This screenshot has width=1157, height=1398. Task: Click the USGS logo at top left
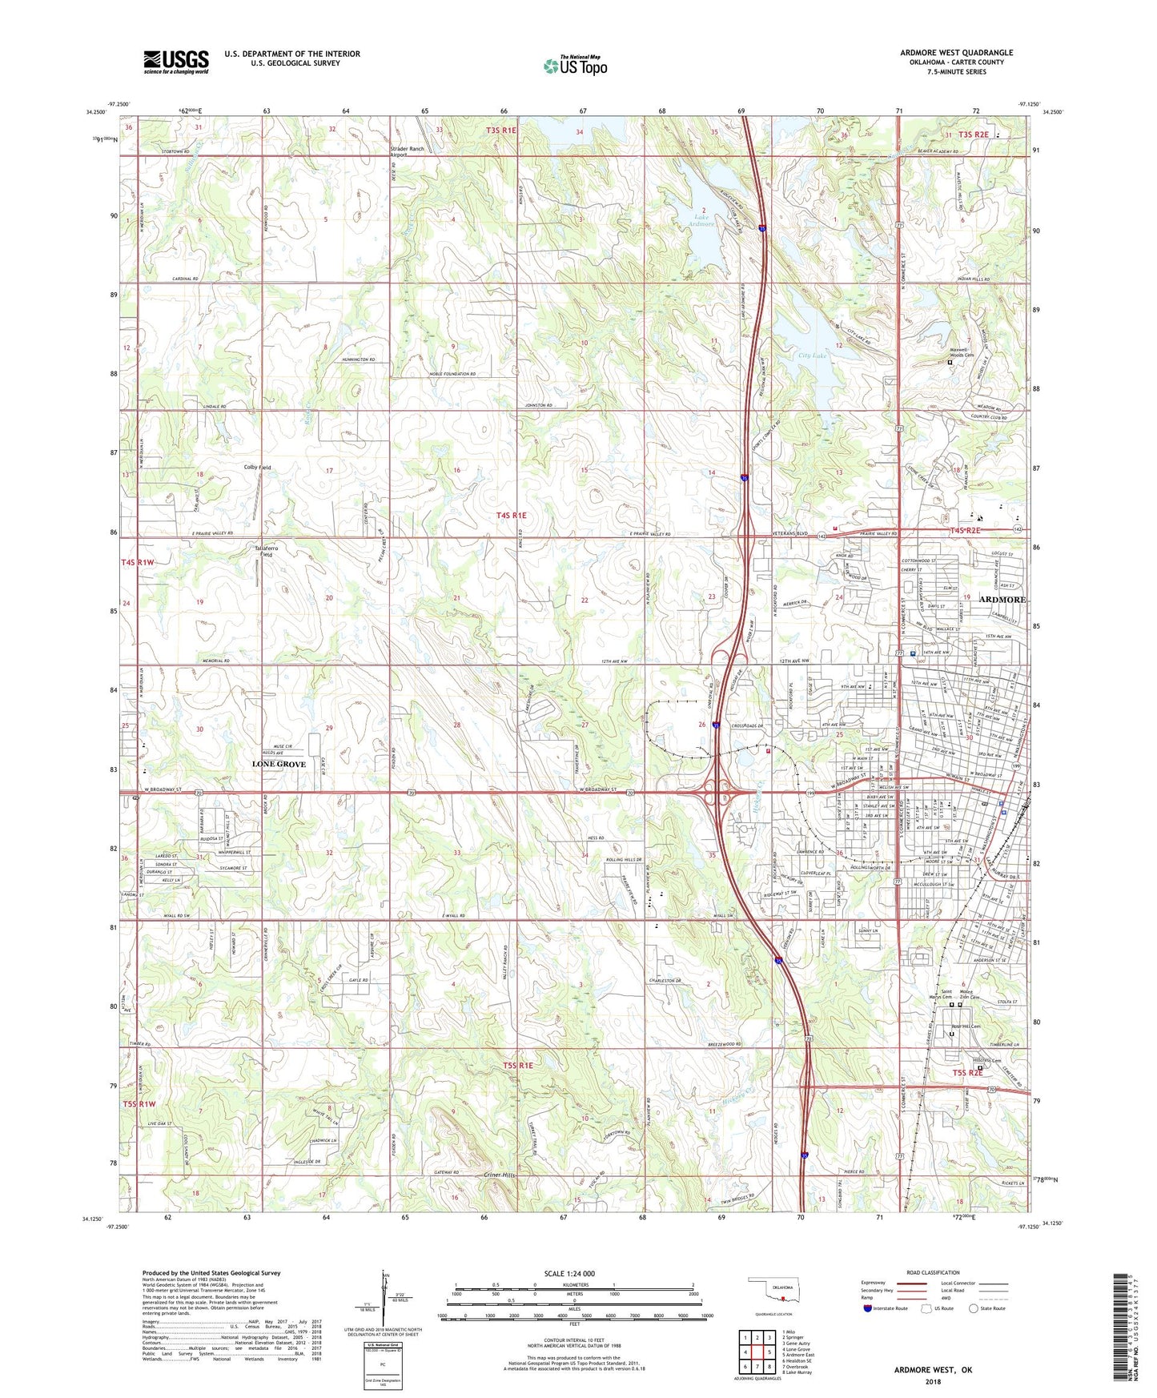coord(176,62)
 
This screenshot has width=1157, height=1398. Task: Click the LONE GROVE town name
coord(279,764)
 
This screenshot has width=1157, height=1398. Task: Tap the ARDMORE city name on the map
coord(1002,600)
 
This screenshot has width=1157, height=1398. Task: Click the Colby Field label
coord(257,468)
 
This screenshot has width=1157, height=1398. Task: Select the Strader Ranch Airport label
coord(407,151)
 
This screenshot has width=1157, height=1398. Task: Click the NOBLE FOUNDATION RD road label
coord(449,374)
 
